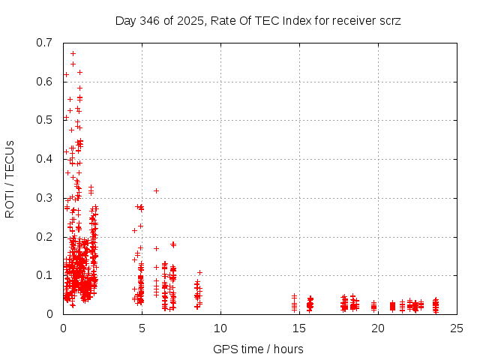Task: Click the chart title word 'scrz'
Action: click(x=390, y=20)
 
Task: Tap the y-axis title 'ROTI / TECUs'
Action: click(x=10, y=178)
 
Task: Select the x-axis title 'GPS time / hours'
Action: click(x=258, y=349)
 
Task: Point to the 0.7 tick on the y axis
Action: click(x=46, y=43)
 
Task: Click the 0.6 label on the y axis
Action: click(x=46, y=82)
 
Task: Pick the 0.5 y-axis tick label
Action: click(x=46, y=120)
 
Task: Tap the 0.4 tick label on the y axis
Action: click(x=46, y=159)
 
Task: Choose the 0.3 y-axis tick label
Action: click(x=46, y=198)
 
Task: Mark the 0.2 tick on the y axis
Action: click(x=46, y=236)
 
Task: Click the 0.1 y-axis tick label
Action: click(x=46, y=275)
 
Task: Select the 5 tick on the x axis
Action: click(x=142, y=328)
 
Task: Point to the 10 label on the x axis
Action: click(x=220, y=328)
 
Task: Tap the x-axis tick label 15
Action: click(x=298, y=328)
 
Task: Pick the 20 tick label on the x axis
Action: click(x=377, y=328)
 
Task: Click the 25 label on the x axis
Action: click(x=456, y=328)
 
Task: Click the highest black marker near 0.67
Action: click(x=73, y=53)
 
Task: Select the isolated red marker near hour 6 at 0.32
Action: click(x=156, y=190)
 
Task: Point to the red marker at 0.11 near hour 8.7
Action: click(x=199, y=272)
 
